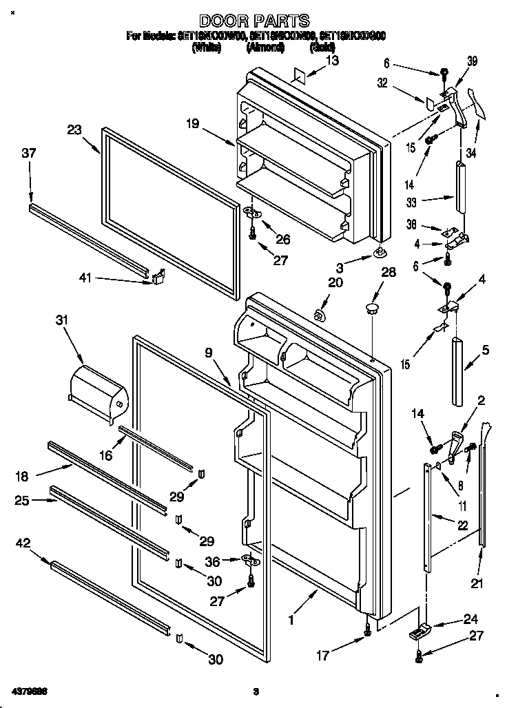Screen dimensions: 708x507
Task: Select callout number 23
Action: [x=74, y=128]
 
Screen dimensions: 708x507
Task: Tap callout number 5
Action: [x=486, y=351]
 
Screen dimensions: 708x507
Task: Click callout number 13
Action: [x=332, y=61]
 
